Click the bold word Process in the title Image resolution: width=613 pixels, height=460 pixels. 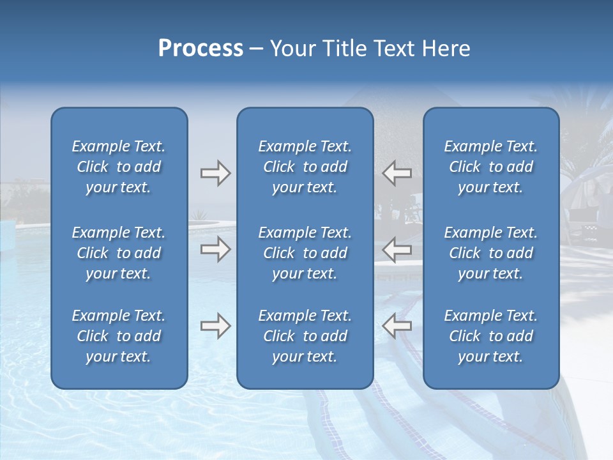coord(201,49)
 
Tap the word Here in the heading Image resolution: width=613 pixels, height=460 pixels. coord(447,49)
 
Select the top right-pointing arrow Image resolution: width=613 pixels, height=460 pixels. coord(215,173)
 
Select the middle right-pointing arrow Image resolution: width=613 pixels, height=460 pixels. coord(215,249)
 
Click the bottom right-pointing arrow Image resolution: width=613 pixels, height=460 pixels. coord(215,325)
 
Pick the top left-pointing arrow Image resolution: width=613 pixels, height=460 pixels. coord(397,173)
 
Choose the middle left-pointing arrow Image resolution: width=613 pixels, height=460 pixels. coord(397,249)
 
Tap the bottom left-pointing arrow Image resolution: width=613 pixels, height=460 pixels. coord(397,325)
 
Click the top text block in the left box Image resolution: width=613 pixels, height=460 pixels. coord(119,167)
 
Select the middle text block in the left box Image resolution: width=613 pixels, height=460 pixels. coord(119,253)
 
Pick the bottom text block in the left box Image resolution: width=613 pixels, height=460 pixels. coord(119,336)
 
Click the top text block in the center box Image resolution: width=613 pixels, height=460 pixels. coord(305,167)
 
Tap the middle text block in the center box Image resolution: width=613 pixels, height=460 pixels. coord(305,253)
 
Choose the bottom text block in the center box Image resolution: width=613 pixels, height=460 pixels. coord(305,336)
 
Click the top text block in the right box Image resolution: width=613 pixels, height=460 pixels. coord(490,167)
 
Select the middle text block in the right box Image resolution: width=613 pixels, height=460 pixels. coord(490,253)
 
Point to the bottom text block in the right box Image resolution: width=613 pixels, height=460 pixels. coord(490,336)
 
